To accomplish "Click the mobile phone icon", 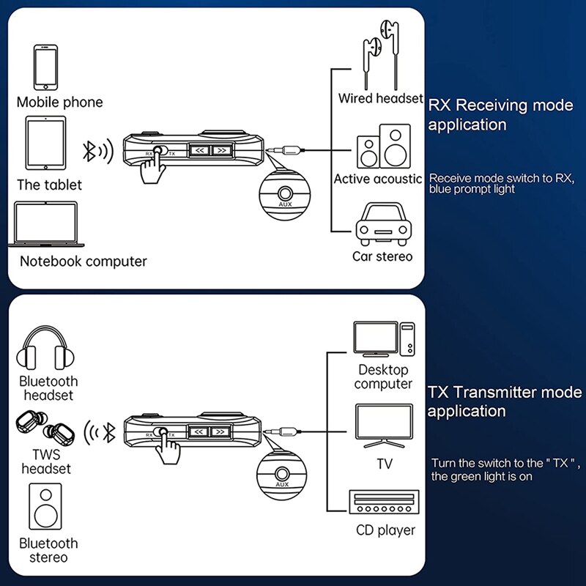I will point(45,67).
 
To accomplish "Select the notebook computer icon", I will point(48,224).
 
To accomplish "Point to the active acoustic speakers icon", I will point(383,147).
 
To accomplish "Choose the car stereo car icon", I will point(383,223).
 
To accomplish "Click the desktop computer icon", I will point(383,339).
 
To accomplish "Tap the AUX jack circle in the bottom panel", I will point(282,472).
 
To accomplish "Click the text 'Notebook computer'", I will point(83,261).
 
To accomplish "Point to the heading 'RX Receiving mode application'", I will point(500,115).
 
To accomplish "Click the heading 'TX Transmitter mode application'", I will point(504,401).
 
